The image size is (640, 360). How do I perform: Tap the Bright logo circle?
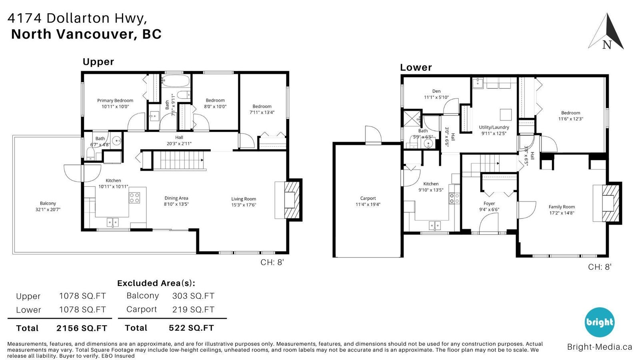(599, 322)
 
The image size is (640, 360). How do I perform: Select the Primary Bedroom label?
(115, 100)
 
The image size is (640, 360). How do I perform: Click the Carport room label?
(368, 198)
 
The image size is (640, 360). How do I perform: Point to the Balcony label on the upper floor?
(48, 204)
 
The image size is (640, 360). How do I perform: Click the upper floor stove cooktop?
(134, 198)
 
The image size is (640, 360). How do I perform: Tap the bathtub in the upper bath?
(176, 81)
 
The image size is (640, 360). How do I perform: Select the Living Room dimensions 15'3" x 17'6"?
(244, 205)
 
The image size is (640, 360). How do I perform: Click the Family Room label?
(562, 207)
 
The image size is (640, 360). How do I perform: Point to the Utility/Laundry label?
(494, 128)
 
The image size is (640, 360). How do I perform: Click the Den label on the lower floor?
(436, 91)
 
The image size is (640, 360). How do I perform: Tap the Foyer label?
(489, 204)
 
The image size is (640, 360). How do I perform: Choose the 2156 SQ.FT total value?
(82, 328)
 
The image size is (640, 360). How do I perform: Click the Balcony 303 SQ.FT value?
(194, 296)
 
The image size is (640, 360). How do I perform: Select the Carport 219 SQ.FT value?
(194, 310)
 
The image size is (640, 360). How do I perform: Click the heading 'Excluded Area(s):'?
(156, 283)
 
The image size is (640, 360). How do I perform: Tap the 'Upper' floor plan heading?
(98, 62)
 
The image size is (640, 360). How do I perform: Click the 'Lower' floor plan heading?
(416, 68)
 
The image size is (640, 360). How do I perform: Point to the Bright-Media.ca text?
(600, 347)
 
